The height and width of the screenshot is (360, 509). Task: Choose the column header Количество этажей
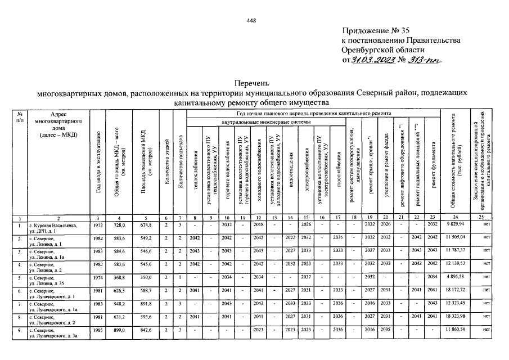click(x=166, y=163)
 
